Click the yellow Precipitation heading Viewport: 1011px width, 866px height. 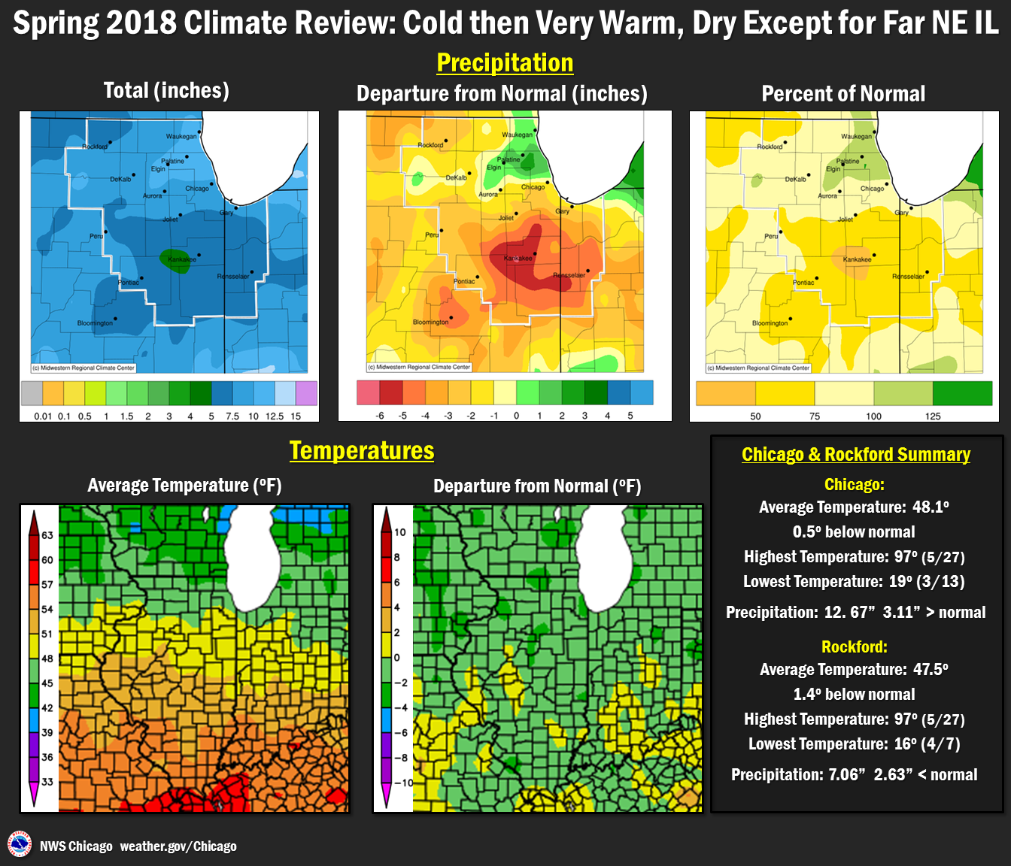[x=505, y=63]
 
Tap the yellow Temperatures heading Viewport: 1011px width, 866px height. [x=362, y=451]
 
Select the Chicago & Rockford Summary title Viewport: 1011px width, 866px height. [x=856, y=455]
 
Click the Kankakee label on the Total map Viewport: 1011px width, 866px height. [x=181, y=259]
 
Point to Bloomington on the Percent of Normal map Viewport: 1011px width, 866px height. [x=770, y=323]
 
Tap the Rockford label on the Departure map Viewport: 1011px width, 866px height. [x=430, y=145]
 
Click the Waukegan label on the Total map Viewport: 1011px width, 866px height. [x=181, y=137]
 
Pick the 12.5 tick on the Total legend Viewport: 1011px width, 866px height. [x=275, y=416]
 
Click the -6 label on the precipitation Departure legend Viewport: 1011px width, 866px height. [x=380, y=416]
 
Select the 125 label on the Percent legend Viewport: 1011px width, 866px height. [x=933, y=416]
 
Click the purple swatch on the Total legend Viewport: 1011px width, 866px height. [x=306, y=393]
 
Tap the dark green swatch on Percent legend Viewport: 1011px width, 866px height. [x=962, y=393]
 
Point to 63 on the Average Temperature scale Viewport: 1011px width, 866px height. [x=47, y=535]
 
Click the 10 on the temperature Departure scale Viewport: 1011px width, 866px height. [x=399, y=532]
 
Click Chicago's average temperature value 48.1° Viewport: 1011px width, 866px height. [x=931, y=507]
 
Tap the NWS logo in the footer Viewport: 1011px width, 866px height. [x=20, y=844]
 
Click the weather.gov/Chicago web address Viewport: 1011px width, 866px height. [x=178, y=846]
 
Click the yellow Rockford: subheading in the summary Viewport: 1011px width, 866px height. [x=854, y=647]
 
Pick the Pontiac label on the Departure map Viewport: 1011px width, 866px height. [x=464, y=281]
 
